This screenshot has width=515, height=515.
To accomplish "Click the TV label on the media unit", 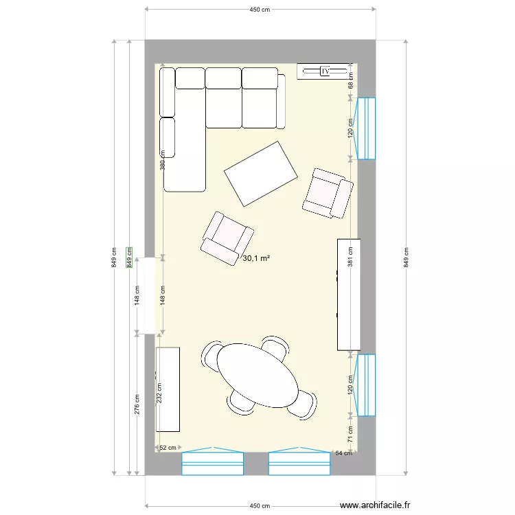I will tap(325, 71).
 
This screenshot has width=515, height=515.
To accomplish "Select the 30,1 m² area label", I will tap(256, 258).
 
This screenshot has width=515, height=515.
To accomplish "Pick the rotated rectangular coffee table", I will tap(262, 173).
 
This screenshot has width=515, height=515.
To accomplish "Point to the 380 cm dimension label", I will tap(163, 160).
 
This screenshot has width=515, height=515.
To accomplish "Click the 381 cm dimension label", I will tap(350, 256).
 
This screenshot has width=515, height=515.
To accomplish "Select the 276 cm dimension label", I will tap(137, 404).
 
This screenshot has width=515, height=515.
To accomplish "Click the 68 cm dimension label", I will tap(350, 80).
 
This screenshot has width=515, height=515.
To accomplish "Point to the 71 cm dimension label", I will tap(350, 433).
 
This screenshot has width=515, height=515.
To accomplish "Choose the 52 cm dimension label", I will tap(168, 448).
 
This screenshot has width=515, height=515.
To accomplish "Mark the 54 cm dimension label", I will tap(343, 453).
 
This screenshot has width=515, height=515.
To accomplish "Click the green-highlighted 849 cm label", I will tap(129, 258).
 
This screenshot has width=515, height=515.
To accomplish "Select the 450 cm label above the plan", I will tap(260, 10).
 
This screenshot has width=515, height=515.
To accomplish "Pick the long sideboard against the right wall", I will tap(349, 294).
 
